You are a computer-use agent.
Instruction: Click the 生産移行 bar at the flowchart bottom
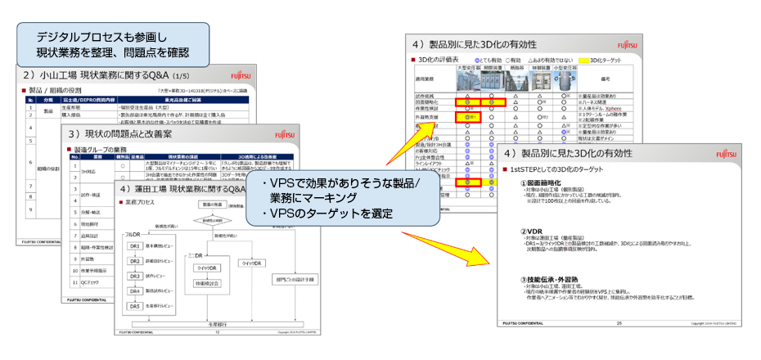click(x=212, y=322)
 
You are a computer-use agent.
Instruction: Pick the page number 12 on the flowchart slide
click(x=216, y=333)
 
